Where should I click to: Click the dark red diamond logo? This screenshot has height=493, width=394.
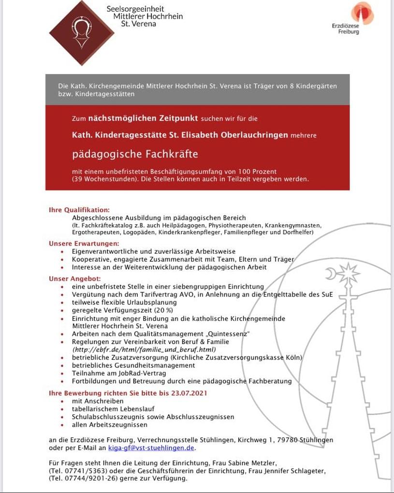(82, 32)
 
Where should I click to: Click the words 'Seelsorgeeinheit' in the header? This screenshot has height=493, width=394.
(135, 9)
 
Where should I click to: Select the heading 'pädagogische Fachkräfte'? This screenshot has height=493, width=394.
(135, 154)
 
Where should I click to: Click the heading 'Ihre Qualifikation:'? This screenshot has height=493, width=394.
(79, 210)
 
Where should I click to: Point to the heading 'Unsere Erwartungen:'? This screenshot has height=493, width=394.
(84, 243)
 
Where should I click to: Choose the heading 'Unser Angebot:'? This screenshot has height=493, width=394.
(74, 278)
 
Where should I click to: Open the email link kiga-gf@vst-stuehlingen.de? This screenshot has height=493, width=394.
(151, 448)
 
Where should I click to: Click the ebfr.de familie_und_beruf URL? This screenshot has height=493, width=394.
(144, 349)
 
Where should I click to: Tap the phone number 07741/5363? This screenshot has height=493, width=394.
(83, 471)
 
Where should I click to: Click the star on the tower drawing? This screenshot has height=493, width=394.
(348, 274)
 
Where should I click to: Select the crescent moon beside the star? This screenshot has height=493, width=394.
(331, 275)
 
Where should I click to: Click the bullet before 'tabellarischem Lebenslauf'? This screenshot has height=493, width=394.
(62, 409)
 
